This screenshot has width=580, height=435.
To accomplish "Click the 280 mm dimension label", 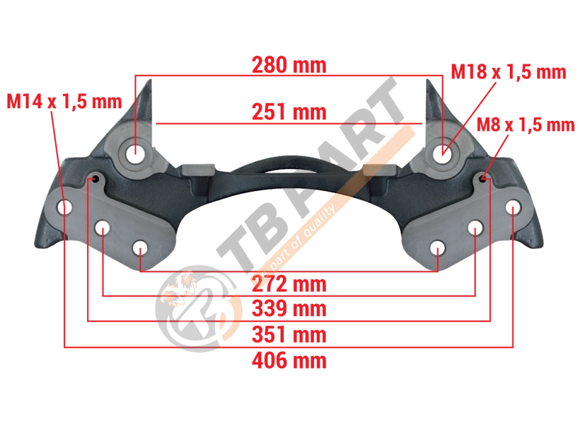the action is (289, 65).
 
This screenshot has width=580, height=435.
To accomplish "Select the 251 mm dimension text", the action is (289, 112).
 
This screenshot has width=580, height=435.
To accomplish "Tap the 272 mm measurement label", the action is (289, 284).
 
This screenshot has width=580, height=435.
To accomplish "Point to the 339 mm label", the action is (289, 309).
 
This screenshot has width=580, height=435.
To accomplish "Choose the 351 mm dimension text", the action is (289, 334).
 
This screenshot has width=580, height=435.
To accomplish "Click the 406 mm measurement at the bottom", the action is (289, 360).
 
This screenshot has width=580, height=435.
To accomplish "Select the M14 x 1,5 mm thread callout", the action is (65, 101).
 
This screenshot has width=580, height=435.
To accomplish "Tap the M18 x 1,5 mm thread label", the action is (509, 72).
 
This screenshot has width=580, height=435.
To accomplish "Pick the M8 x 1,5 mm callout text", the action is (526, 124).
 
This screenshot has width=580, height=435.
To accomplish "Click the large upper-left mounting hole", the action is (135, 153).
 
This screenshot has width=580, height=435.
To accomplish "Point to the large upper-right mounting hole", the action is (442, 153).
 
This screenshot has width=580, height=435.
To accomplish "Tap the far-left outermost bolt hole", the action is (65, 207).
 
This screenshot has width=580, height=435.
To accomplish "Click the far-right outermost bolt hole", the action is (513, 207).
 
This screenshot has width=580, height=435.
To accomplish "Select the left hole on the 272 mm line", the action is (140, 248).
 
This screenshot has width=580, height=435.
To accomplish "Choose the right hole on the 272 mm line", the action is (437, 248).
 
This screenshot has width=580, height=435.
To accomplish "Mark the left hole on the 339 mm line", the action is (103, 228).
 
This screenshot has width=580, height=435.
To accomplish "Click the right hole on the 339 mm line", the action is (475, 228).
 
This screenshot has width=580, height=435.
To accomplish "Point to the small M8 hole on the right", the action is (483, 179).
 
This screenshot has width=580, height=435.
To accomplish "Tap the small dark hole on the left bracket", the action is (95, 179).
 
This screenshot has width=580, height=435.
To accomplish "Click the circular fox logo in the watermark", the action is (193, 308).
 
